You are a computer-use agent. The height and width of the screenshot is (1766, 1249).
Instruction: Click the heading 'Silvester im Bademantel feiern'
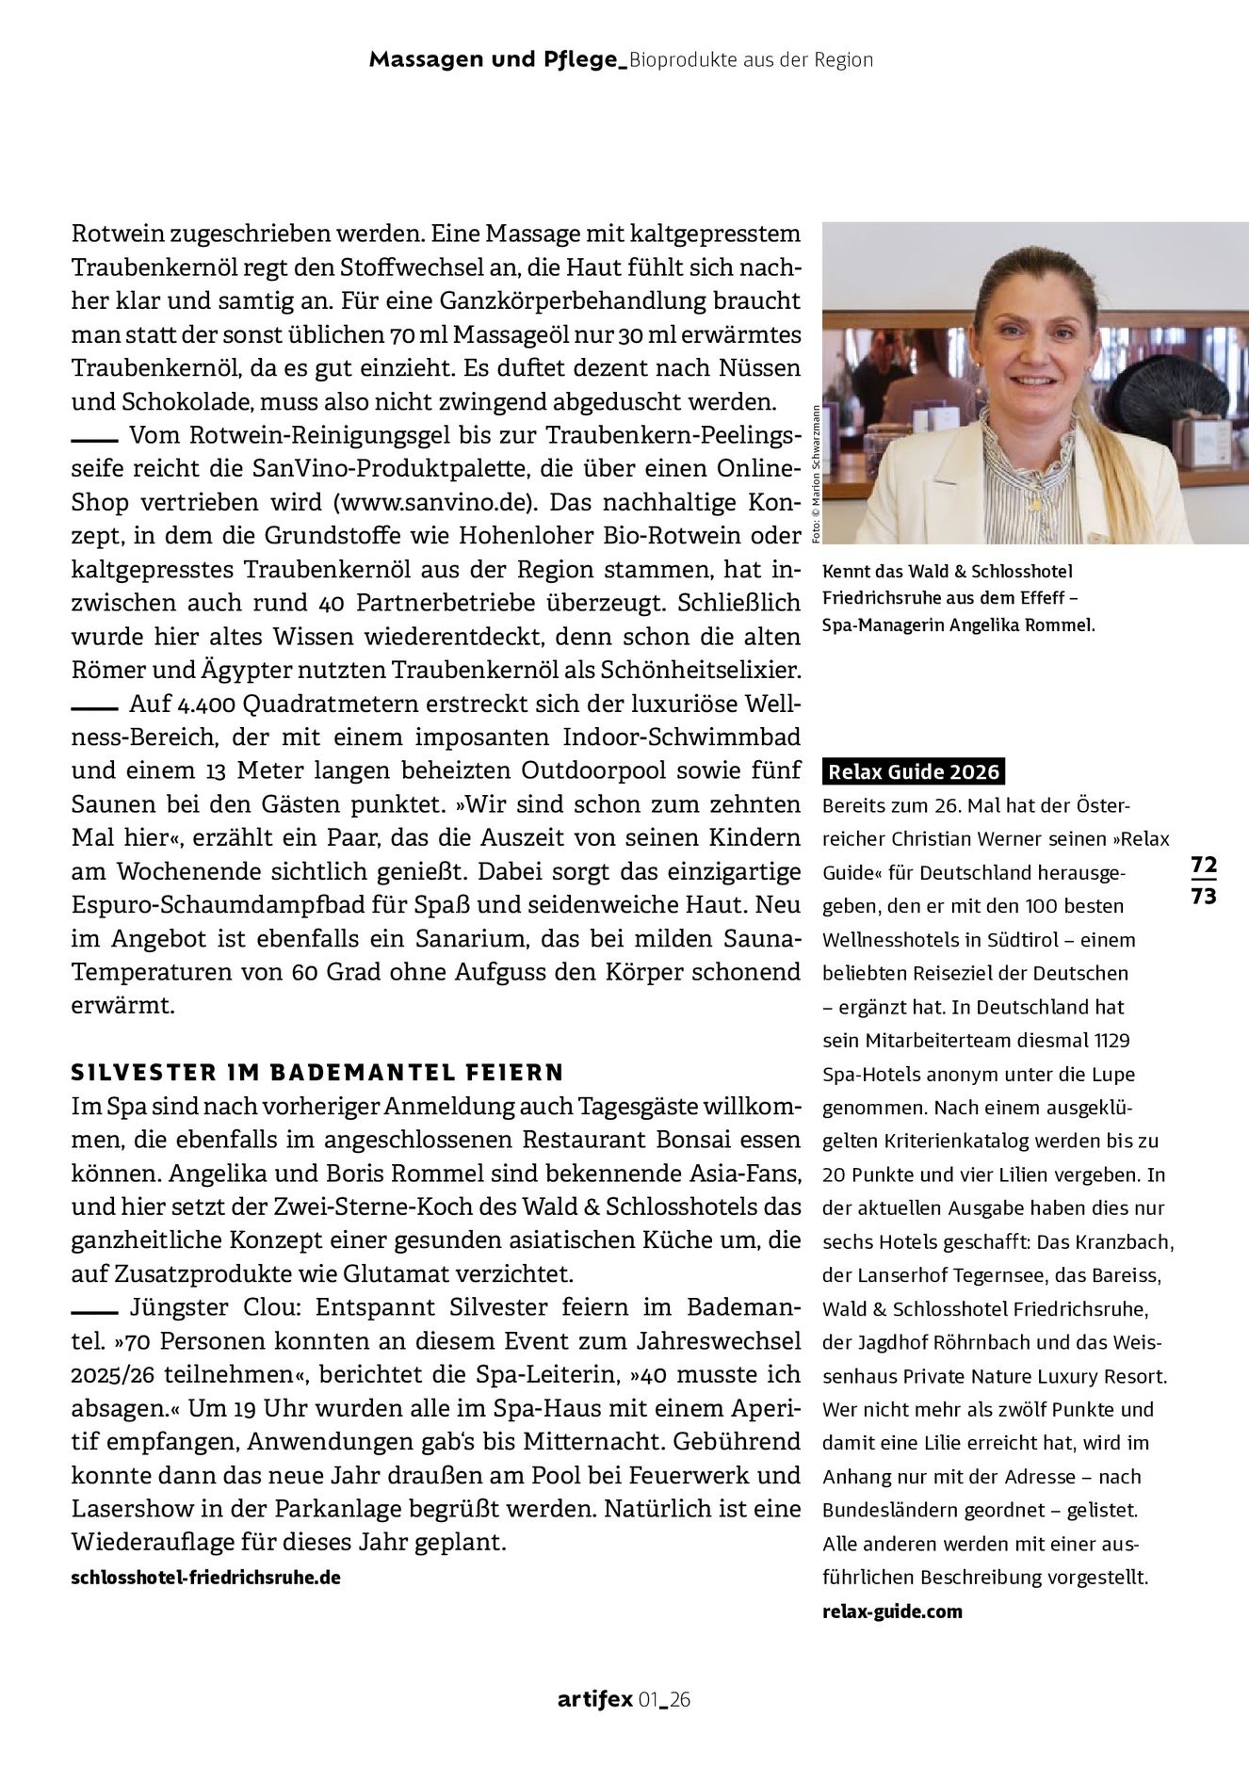point(317,1072)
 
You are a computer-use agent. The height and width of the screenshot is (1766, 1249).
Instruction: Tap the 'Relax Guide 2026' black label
point(913,772)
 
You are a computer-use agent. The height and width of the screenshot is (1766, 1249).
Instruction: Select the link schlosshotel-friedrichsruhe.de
point(205,1578)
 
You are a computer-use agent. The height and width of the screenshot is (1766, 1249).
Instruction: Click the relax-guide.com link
point(892,1611)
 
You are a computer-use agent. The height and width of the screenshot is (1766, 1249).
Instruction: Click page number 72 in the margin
point(1203,864)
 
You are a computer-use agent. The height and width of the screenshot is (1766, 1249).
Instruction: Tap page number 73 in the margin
point(1203,895)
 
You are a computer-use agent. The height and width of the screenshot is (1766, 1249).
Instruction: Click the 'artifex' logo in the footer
point(593,1700)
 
